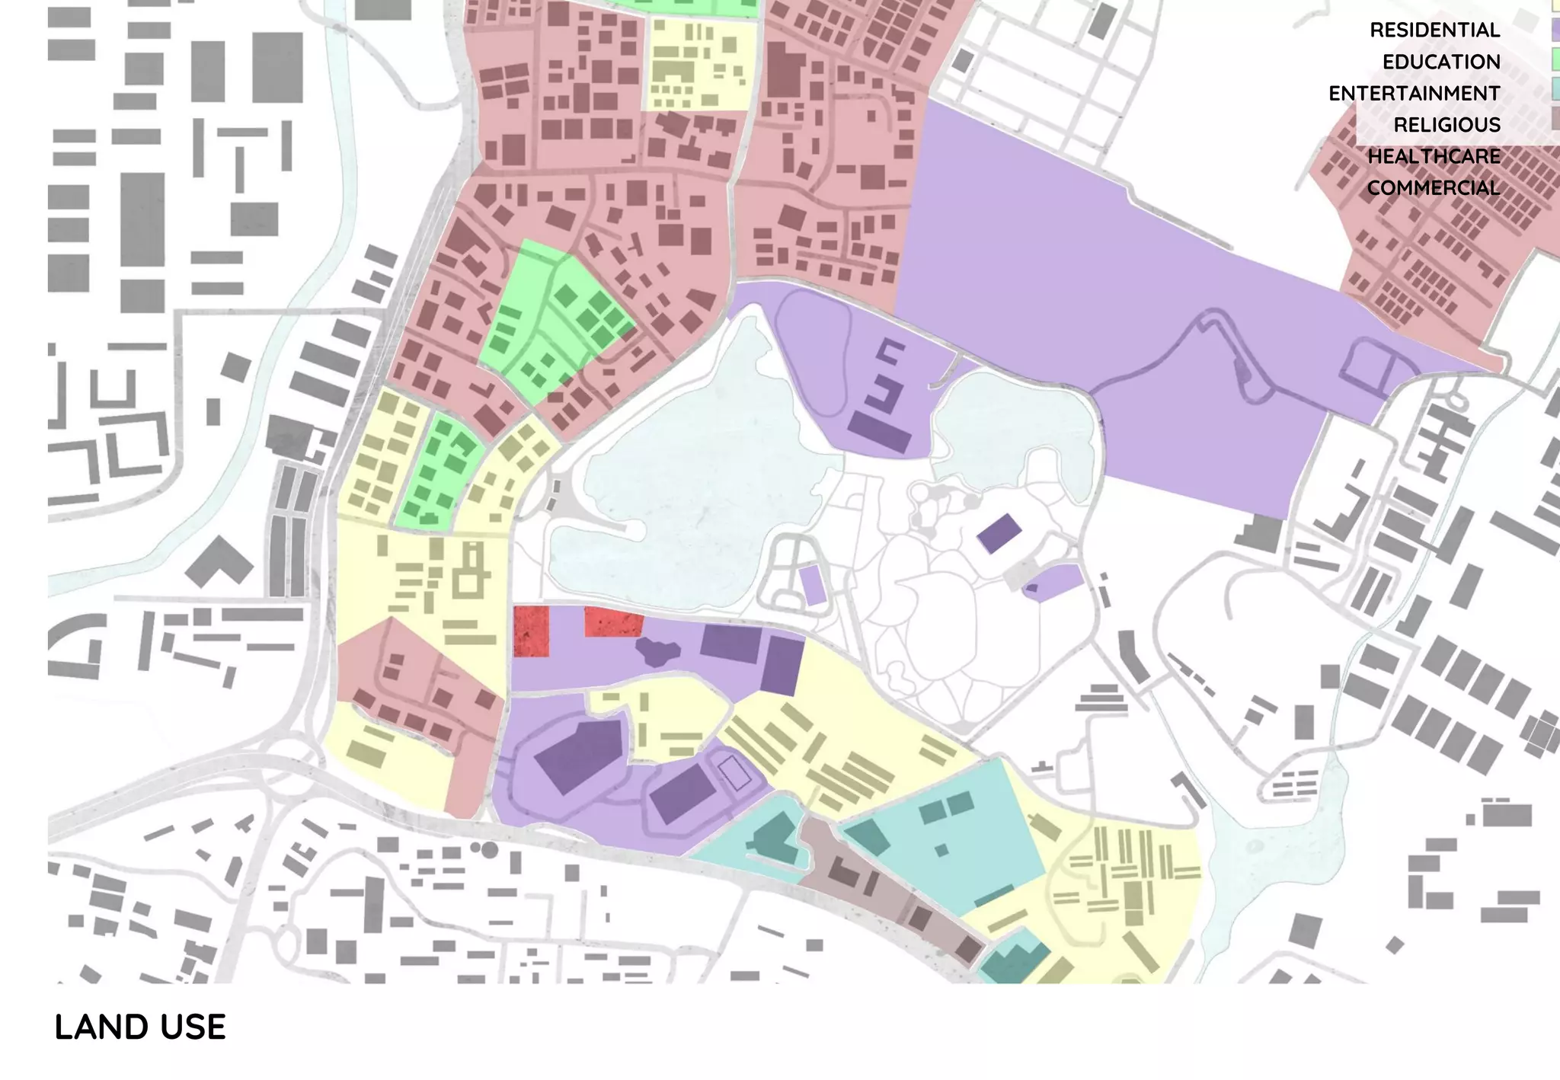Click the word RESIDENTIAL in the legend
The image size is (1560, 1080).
point(1434,30)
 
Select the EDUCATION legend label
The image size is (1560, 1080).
point(1441,62)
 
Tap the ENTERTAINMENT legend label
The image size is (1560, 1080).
point(1414,94)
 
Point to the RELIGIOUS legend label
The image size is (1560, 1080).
point(1447,125)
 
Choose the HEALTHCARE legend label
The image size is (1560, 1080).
point(1434,157)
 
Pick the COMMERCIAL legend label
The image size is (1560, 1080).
point(1433,188)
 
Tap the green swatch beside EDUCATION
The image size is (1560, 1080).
point(1555,59)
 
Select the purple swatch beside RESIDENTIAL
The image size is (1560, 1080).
point(1555,29)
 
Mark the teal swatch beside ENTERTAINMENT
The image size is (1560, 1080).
point(1555,90)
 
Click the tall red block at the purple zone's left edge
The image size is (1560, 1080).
point(531,631)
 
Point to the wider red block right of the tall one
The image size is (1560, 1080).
point(613,621)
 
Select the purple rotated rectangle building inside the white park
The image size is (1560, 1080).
point(999,533)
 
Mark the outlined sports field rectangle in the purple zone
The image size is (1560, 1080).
point(735,773)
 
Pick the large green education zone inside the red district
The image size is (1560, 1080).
point(556,320)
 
